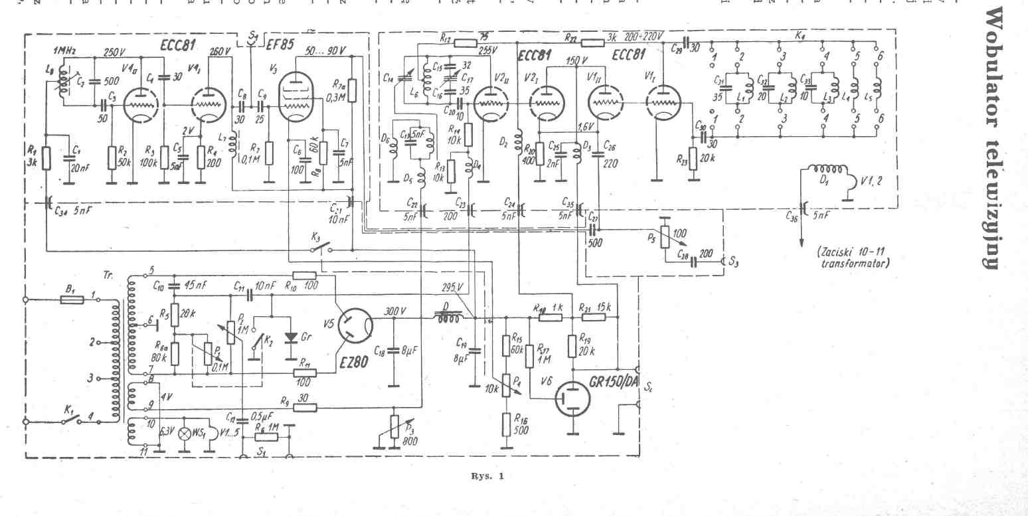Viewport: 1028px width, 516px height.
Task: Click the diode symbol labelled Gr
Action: (x=290, y=337)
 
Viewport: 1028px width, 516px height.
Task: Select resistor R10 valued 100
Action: (x=304, y=275)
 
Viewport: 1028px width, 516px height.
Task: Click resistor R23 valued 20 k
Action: (x=693, y=159)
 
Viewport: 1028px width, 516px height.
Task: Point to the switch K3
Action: (x=320, y=248)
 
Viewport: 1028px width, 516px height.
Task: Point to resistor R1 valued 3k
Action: (x=46, y=158)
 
